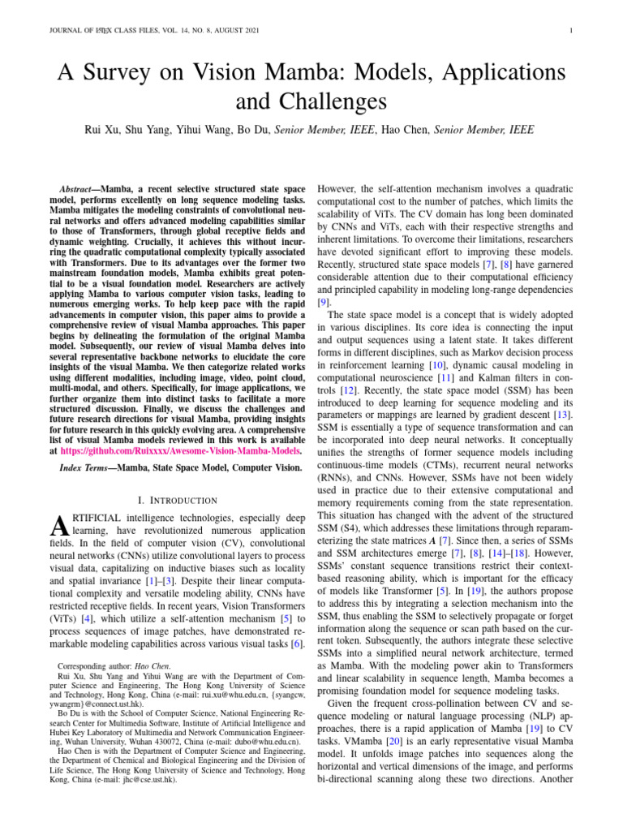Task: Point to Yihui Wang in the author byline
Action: coord(200,129)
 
